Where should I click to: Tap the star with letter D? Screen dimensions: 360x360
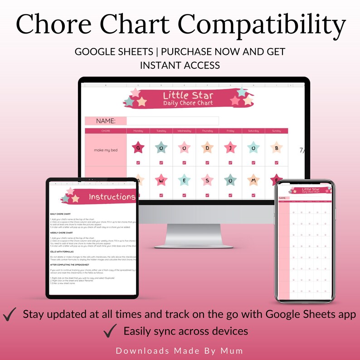pyautogui.click(x=207, y=148)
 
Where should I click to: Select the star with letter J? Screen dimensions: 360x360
pyautogui.click(x=230, y=148)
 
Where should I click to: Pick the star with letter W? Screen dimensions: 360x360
pyautogui.click(x=161, y=180)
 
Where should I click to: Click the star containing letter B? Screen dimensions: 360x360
pyautogui.click(x=276, y=148)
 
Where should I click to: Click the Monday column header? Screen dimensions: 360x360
pyautogui.click(x=138, y=131)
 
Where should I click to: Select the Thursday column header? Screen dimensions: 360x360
pyautogui.click(x=207, y=131)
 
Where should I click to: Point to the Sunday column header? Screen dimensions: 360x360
pyautogui.click(x=276, y=131)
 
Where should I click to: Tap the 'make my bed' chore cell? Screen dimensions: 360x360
pyautogui.click(x=106, y=150)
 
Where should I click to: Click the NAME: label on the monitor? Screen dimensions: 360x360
pyautogui.click(x=106, y=121)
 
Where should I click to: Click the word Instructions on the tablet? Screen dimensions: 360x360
pyautogui.click(x=112, y=197)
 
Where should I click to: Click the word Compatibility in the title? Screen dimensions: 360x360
pyautogui.click(x=253, y=25)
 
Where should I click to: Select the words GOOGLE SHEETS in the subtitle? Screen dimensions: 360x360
pyautogui.click(x=113, y=52)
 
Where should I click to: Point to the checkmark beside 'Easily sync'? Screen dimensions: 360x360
pyautogui.click(x=110, y=331)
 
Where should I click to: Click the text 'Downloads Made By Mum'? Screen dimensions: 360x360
pyautogui.click(x=180, y=350)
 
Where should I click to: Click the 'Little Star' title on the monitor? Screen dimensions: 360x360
pyautogui.click(x=188, y=96)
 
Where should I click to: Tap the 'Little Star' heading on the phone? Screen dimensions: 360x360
pyautogui.click(x=311, y=189)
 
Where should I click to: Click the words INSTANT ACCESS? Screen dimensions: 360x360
pyautogui.click(x=180, y=65)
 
